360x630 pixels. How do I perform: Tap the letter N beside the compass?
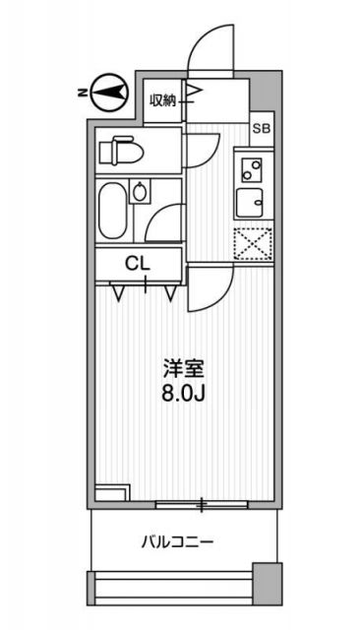click(80, 94)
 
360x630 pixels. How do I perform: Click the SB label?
click(261, 128)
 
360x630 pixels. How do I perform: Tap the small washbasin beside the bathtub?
click(140, 193)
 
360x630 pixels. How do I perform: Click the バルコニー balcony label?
click(177, 540)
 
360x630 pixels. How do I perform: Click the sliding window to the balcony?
click(203, 505)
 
